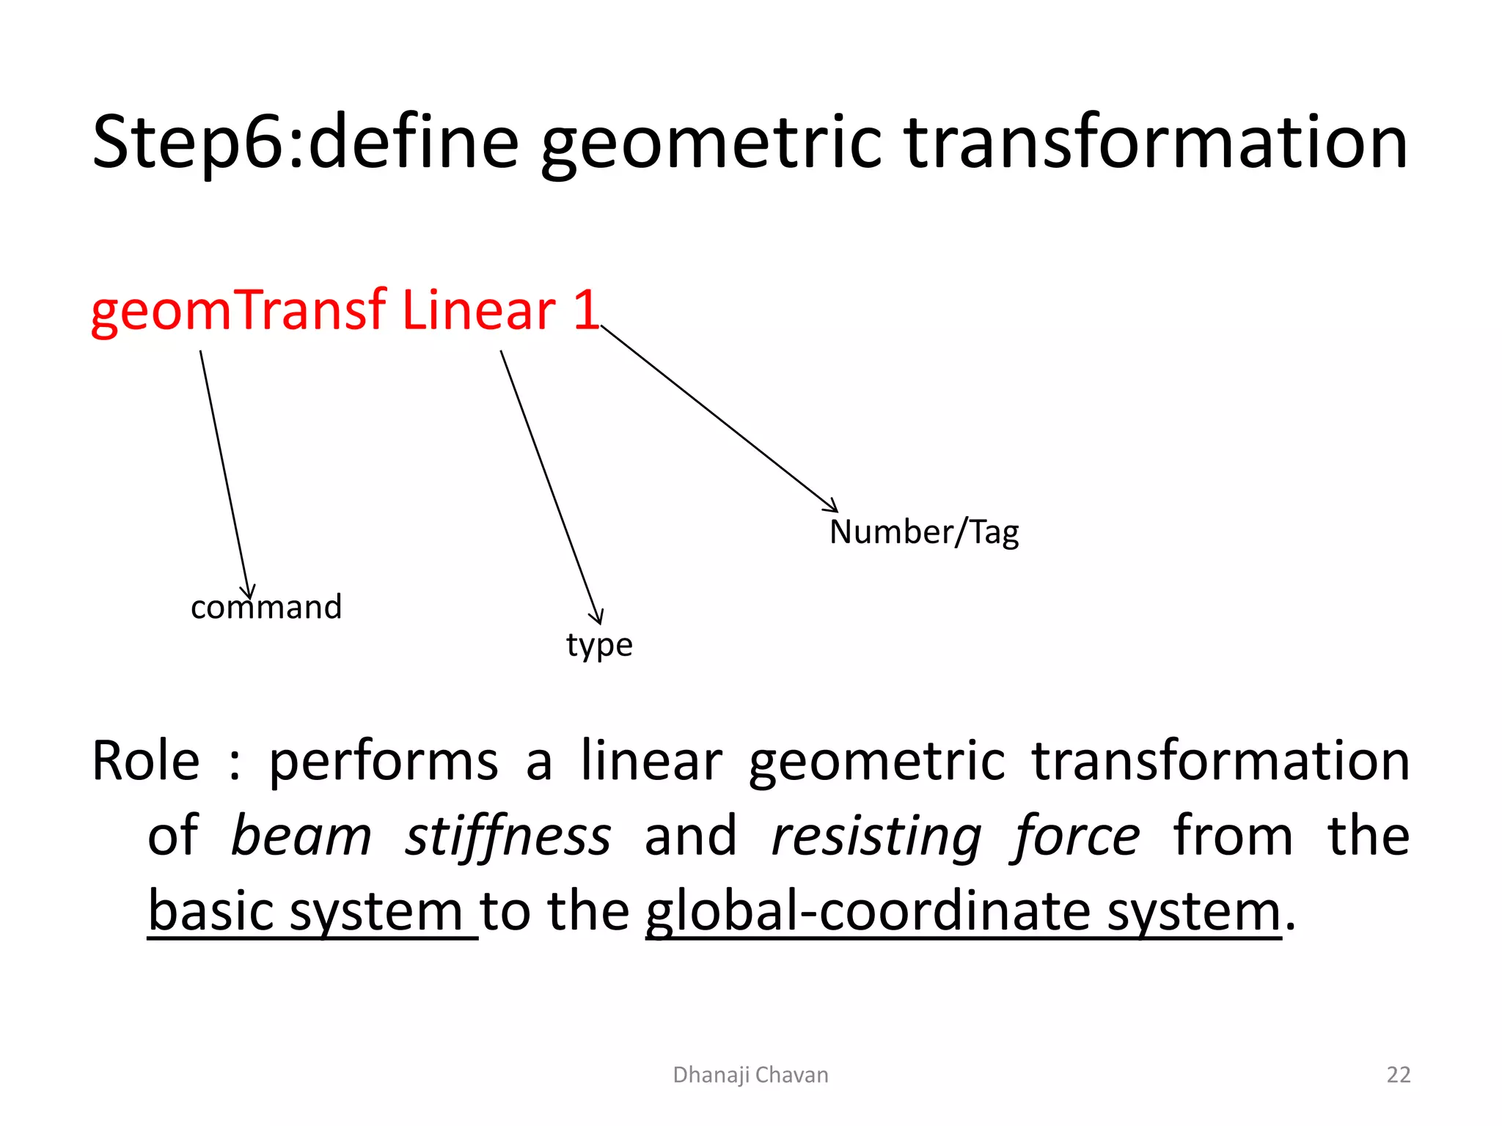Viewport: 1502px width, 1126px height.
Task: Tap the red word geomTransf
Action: point(238,311)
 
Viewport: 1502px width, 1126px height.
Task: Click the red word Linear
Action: point(479,311)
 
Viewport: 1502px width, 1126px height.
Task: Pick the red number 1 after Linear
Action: point(587,311)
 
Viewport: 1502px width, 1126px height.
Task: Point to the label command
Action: point(266,607)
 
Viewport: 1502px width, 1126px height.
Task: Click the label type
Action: point(599,645)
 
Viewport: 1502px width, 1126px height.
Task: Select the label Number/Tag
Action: point(924,531)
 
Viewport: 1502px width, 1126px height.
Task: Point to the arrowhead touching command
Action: point(249,592)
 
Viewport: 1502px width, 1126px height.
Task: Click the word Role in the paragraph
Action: point(145,761)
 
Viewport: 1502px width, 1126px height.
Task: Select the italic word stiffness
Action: point(508,836)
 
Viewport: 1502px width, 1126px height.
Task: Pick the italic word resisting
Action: point(877,836)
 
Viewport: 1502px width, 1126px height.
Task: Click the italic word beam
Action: point(301,836)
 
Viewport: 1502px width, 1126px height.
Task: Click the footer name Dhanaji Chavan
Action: point(750,1075)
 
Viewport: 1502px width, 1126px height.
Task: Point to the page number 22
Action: point(1398,1075)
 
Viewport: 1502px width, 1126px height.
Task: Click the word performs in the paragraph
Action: point(384,761)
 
